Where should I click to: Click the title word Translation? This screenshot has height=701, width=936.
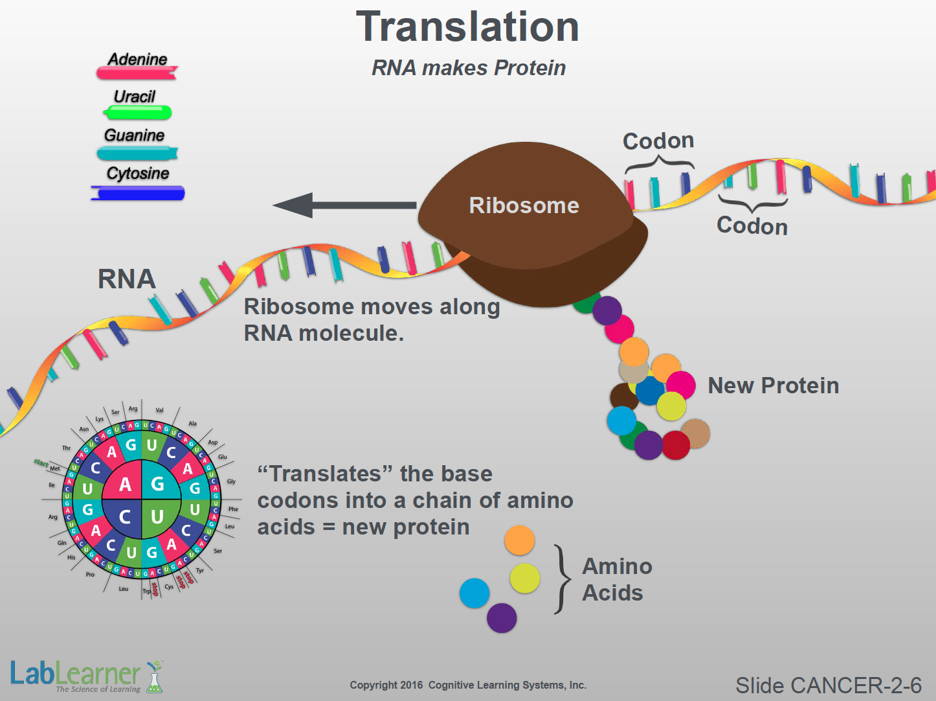(467, 27)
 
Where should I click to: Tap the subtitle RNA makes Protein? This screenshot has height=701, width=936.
(469, 67)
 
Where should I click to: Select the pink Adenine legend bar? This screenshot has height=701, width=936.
(137, 73)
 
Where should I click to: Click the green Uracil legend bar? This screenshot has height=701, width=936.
(137, 113)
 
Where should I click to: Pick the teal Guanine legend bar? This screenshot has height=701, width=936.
(137, 154)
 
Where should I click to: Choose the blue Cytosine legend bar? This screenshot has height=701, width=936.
(138, 193)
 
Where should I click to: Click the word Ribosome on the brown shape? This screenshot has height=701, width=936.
(524, 205)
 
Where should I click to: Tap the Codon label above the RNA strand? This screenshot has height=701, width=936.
(658, 141)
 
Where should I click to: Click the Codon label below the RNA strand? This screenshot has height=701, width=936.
(752, 226)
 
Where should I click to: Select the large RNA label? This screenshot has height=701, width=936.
(127, 279)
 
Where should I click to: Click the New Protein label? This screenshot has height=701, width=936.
(773, 385)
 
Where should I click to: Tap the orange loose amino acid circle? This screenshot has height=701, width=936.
(519, 540)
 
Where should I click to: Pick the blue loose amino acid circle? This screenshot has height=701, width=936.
(474, 593)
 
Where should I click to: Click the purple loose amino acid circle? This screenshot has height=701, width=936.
(502, 617)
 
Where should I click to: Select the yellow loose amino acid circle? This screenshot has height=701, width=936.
(525, 578)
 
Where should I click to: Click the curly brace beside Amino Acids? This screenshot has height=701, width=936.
(563, 579)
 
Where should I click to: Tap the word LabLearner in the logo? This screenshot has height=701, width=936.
(75, 674)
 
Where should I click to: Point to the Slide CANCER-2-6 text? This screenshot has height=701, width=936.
(828, 685)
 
